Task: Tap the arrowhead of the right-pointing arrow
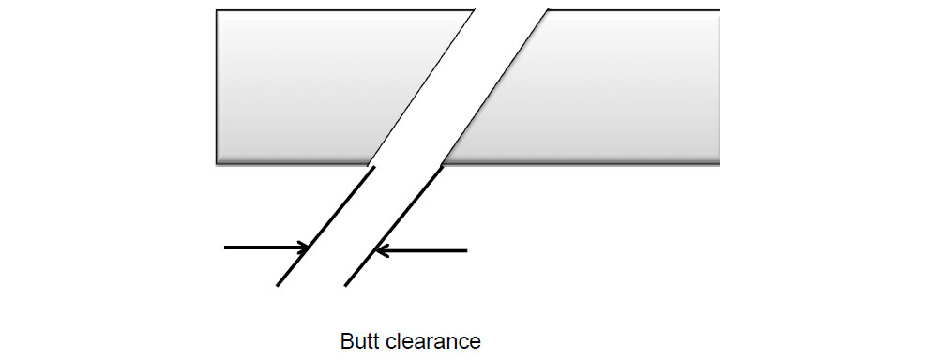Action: tap(306, 248)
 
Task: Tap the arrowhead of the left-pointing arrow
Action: tap(379, 250)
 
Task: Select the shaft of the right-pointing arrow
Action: tap(263, 248)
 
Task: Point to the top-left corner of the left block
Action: tap(217, 10)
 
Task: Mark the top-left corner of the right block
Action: tap(548, 10)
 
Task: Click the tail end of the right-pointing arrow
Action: tap(225, 248)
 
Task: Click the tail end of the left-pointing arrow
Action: tap(466, 250)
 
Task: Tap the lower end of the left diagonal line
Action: tap(277, 286)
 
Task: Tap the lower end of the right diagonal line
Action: tap(345, 286)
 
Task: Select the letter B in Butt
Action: tap(345, 341)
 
